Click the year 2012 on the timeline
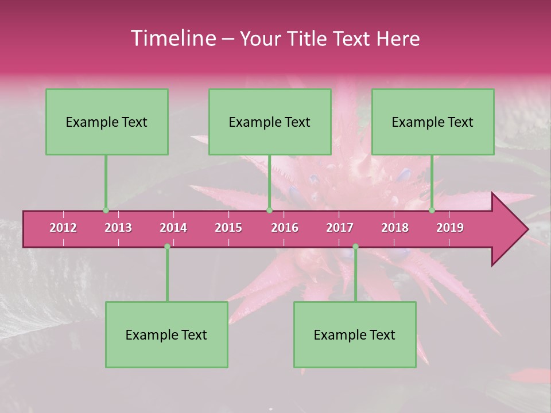(x=63, y=228)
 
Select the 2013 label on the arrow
(x=118, y=228)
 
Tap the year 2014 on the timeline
(x=173, y=228)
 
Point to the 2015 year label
(x=228, y=228)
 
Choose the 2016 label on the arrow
(x=285, y=228)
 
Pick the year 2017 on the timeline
(x=340, y=228)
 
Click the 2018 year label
(x=395, y=228)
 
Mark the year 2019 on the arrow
(x=450, y=228)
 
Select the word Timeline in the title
(x=172, y=38)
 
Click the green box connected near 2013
(x=107, y=122)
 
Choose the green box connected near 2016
(x=270, y=122)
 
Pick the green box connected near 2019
(x=433, y=122)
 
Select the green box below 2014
(x=166, y=334)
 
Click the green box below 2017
(x=355, y=334)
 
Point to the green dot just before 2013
(x=106, y=211)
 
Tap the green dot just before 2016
(x=269, y=211)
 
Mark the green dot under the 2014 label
(x=167, y=246)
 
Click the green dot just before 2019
(x=432, y=211)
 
